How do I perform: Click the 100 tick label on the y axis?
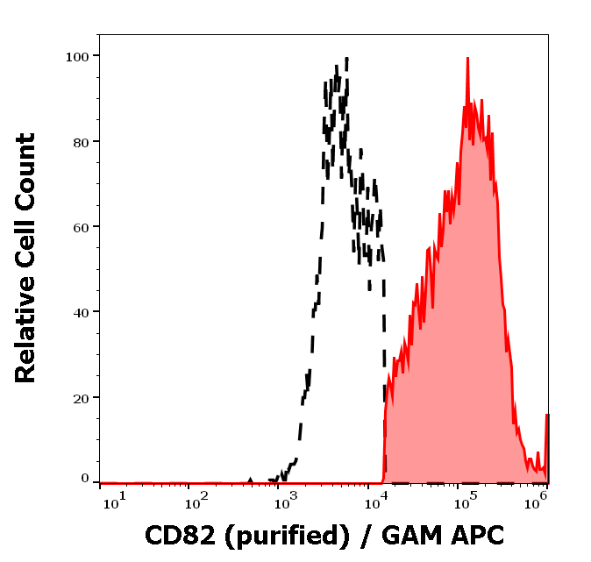coord(77,56)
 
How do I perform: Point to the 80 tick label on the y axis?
coord(82,141)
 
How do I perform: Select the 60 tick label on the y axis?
coord(82,226)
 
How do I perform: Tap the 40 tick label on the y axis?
coord(82,311)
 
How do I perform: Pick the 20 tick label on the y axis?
coord(82,396)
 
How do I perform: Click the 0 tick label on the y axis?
coord(86,479)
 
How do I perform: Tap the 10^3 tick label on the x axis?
coord(288,501)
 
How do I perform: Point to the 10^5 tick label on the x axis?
coord(465,501)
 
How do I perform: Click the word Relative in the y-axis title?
coord(25,337)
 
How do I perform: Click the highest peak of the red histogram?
coord(467,59)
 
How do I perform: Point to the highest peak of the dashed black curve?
coord(346,59)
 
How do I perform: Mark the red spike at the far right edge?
coord(547,416)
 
